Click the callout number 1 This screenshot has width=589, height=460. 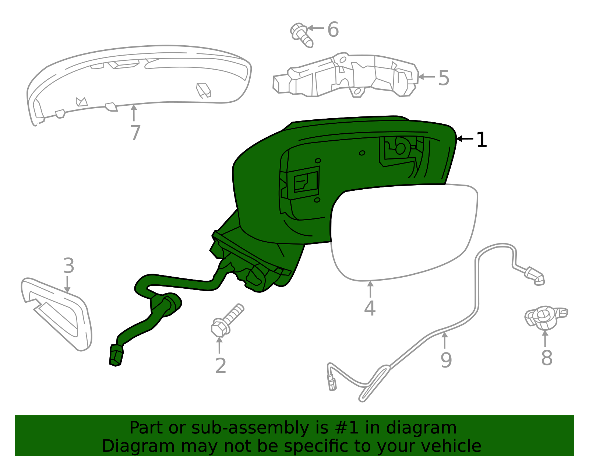(482, 140)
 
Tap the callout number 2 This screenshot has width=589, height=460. (221, 366)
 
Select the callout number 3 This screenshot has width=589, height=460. (68, 266)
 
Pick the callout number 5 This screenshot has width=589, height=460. (444, 78)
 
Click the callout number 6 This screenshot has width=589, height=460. (333, 29)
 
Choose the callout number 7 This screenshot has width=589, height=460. (135, 133)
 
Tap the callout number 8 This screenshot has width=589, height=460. (547, 358)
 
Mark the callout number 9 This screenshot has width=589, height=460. (446, 360)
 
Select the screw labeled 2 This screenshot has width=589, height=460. (226, 320)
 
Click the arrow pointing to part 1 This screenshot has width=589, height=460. (465, 139)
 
